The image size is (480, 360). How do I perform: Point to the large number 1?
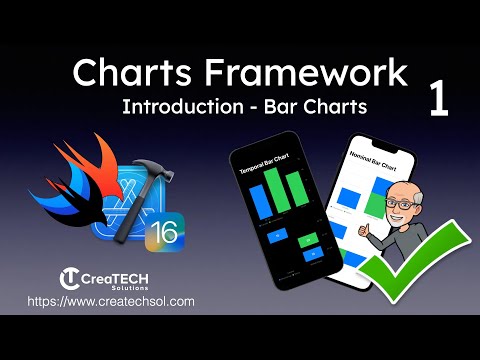[x=439, y=102]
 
